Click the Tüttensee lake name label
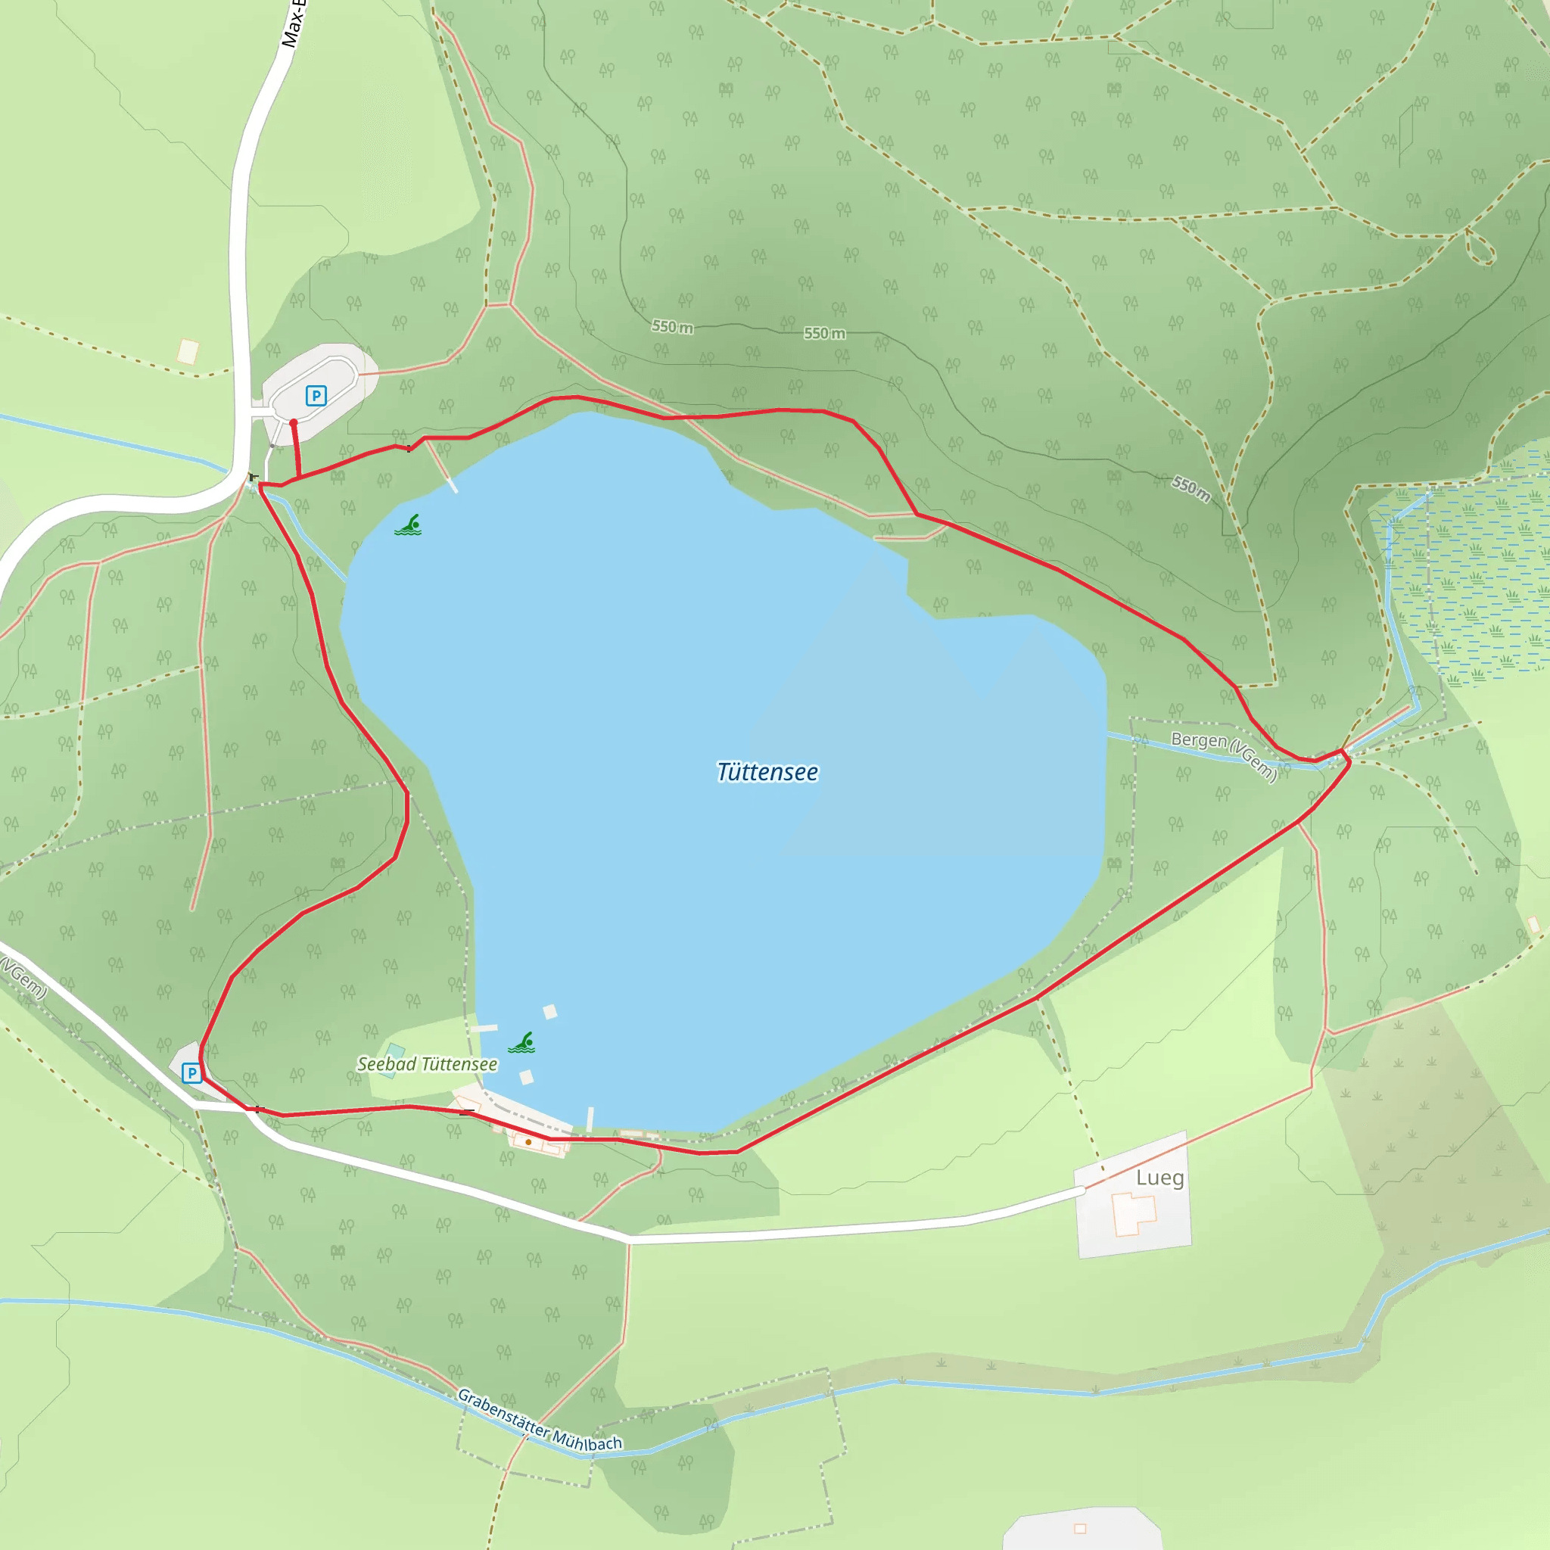point(767,772)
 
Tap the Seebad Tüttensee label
point(427,1064)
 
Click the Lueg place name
point(1159,1178)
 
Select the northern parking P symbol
point(316,396)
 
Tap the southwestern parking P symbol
point(191,1072)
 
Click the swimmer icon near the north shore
point(409,525)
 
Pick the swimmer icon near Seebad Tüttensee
point(522,1043)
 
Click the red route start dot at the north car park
point(294,423)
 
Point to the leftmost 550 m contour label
point(672,326)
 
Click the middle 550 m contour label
point(825,333)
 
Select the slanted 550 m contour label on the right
point(1191,489)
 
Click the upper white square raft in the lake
point(549,1012)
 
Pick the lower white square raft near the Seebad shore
point(526,1078)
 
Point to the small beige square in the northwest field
point(188,351)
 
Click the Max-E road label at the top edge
point(294,24)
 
